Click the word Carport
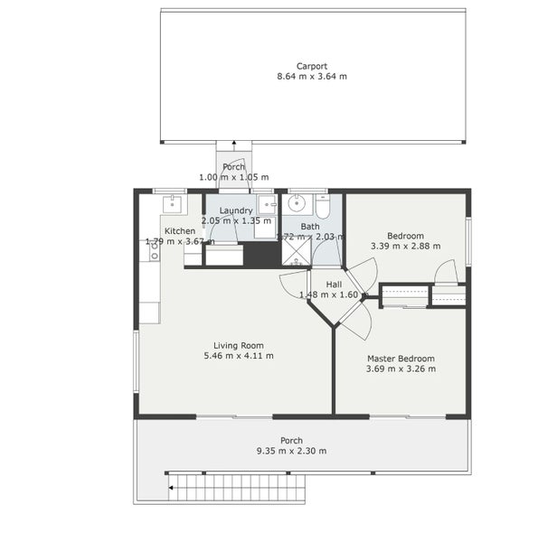point(312,66)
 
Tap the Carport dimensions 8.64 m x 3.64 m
point(312,76)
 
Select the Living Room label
point(239,345)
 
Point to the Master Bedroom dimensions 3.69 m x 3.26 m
point(401,369)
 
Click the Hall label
point(334,285)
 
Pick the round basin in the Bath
point(297,204)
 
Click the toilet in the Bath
point(323,206)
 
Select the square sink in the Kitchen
point(173,204)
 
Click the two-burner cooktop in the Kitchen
point(155,250)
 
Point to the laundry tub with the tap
point(267,204)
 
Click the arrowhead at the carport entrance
point(233,143)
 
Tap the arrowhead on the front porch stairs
point(171,488)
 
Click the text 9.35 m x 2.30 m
point(292,451)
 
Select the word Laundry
point(236,210)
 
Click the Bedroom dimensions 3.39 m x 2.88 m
point(406,246)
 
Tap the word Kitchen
point(180,231)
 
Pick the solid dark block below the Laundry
point(262,255)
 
